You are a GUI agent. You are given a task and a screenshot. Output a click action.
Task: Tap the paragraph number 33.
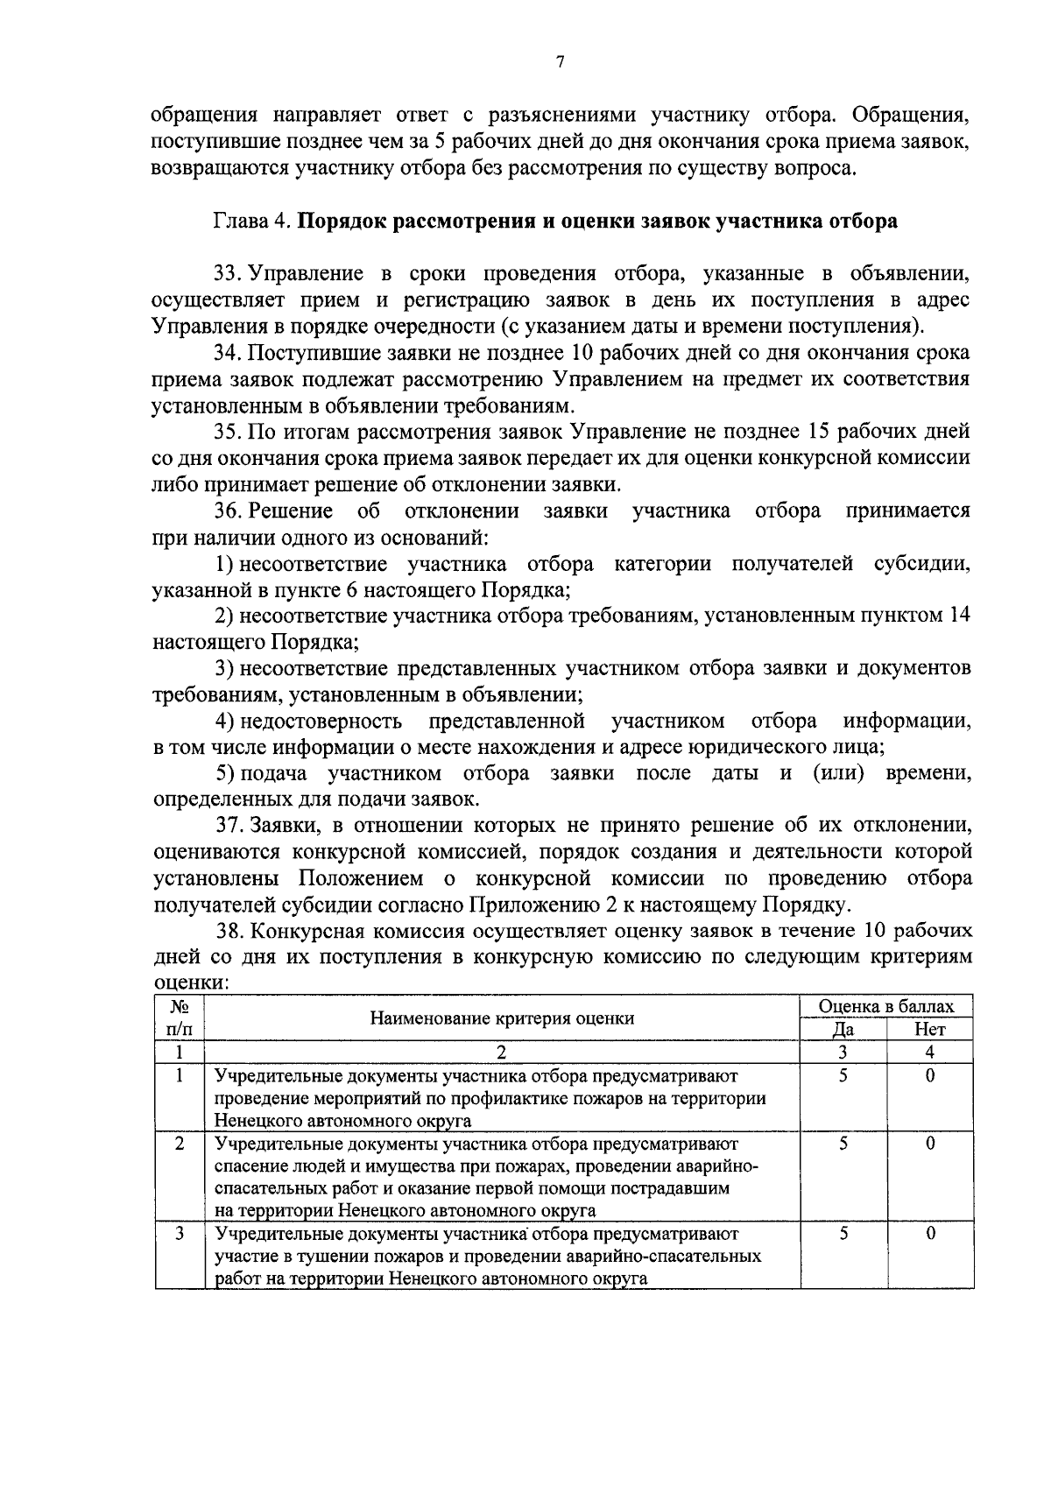click(227, 274)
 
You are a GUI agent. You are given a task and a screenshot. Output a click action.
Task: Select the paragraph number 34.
click(227, 353)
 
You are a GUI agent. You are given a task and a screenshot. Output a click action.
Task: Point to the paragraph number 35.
click(227, 432)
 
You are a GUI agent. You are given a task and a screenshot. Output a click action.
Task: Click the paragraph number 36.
click(227, 511)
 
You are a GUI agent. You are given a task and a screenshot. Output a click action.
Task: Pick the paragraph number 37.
click(229, 825)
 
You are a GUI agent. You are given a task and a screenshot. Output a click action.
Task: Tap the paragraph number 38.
click(229, 930)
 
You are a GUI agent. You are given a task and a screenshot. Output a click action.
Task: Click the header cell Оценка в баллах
click(885, 1007)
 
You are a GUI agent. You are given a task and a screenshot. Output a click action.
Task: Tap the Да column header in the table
click(843, 1030)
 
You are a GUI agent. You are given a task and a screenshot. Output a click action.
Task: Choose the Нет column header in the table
click(929, 1030)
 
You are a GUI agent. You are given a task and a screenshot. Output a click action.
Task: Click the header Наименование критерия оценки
click(502, 1018)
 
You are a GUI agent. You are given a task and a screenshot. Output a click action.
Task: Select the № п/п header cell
click(179, 1018)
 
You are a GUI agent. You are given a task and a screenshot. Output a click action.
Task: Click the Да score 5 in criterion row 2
click(843, 1144)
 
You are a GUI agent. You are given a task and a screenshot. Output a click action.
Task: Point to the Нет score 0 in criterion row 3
click(930, 1234)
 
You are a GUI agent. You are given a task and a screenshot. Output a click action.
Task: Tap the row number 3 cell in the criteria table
click(179, 1234)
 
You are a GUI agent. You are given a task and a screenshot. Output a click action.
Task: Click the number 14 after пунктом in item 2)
click(959, 616)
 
